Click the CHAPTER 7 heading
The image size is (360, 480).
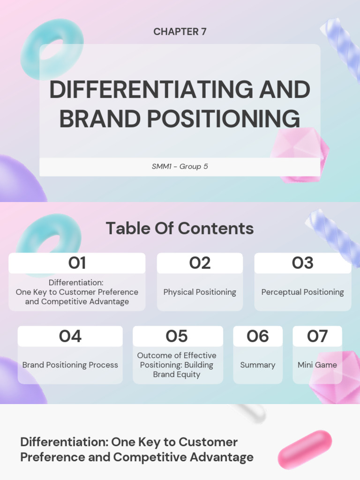[x=180, y=32]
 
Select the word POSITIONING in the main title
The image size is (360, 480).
[x=223, y=119]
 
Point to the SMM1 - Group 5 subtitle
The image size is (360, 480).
[x=180, y=166]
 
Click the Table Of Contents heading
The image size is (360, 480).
[x=180, y=228]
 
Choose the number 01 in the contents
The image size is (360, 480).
[x=77, y=263]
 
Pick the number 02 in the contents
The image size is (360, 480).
[x=200, y=263]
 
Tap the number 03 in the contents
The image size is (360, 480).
[x=302, y=263]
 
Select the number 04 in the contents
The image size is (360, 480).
[x=70, y=336]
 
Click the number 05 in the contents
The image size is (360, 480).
[x=177, y=336]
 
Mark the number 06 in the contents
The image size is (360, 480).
[x=258, y=336]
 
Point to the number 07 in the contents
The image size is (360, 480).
[x=317, y=336]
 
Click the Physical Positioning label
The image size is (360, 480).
[x=200, y=292]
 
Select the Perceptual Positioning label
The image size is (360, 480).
[x=302, y=292]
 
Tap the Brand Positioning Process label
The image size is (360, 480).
[x=70, y=365]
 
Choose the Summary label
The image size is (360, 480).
[x=258, y=365]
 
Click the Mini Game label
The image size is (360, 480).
[x=317, y=365]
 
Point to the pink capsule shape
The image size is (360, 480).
[x=305, y=449]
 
